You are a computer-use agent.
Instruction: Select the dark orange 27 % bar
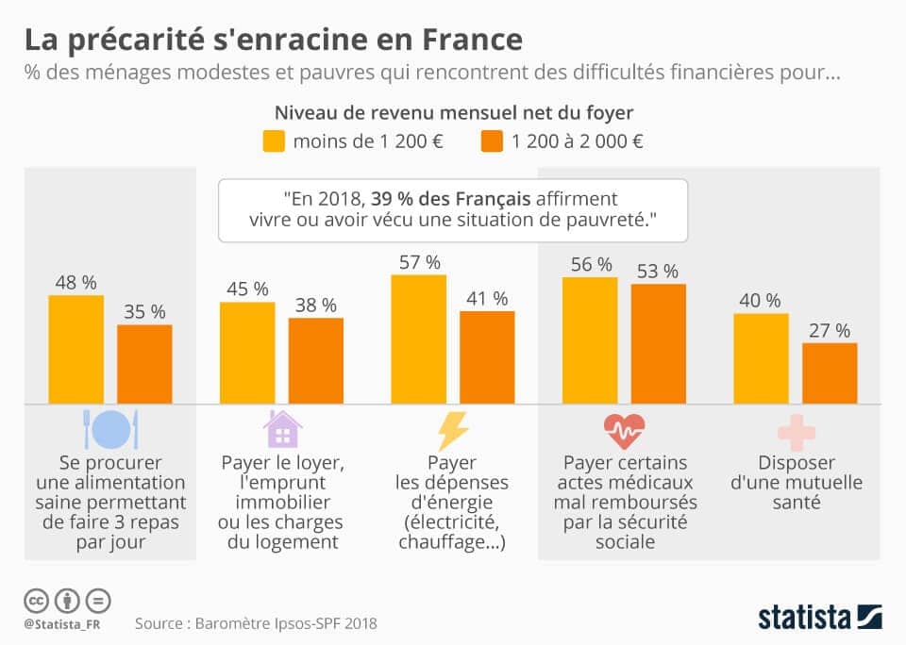(x=830, y=373)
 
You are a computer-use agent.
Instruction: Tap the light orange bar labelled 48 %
(x=76, y=350)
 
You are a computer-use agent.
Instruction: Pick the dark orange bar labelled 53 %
(x=659, y=344)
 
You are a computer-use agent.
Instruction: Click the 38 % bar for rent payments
(x=316, y=360)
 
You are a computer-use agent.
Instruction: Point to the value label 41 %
(x=487, y=298)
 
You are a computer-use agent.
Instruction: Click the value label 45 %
(x=247, y=289)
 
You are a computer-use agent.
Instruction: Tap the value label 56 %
(x=591, y=264)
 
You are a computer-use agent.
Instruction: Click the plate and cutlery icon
(x=111, y=429)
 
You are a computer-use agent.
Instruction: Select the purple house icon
(x=282, y=429)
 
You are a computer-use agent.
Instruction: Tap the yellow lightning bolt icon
(x=453, y=430)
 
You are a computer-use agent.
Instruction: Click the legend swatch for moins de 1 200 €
(x=274, y=142)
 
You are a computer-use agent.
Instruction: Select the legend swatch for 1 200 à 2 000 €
(x=493, y=142)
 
